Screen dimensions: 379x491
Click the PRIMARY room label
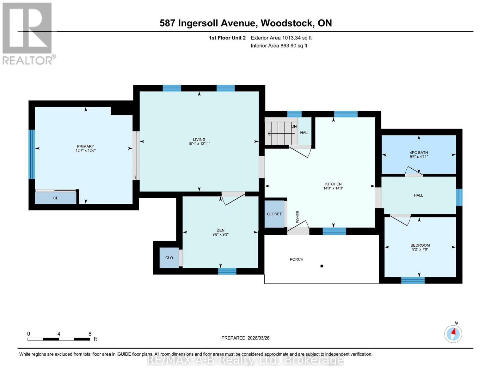pyautogui.click(x=85, y=146)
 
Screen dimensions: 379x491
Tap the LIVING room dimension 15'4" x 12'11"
pyautogui.click(x=199, y=144)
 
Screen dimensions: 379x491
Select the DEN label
pyautogui.click(x=220, y=230)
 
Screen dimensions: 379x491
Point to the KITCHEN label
pyautogui.click(x=333, y=184)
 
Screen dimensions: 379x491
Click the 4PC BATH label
pyautogui.click(x=419, y=153)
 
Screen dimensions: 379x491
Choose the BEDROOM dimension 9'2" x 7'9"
pyautogui.click(x=420, y=250)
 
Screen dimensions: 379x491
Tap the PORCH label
pyautogui.click(x=296, y=259)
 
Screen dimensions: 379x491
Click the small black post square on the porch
pyautogui.click(x=322, y=266)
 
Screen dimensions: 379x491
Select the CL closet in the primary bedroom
pyautogui.click(x=56, y=198)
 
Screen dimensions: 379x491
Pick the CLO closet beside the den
pyautogui.click(x=169, y=258)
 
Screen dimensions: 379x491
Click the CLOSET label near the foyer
pyautogui.click(x=274, y=214)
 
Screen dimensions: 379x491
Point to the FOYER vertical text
pyautogui.click(x=298, y=217)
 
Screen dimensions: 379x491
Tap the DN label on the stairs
pyautogui.click(x=294, y=127)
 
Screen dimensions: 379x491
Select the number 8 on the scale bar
pyautogui.click(x=90, y=334)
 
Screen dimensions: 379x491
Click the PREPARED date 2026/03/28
pyautogui.click(x=245, y=338)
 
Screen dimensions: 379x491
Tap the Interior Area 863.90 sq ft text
pyautogui.click(x=279, y=46)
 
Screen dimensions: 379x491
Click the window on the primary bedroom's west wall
pyautogui.click(x=32, y=154)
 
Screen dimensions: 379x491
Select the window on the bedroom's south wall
pyautogui.click(x=413, y=280)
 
